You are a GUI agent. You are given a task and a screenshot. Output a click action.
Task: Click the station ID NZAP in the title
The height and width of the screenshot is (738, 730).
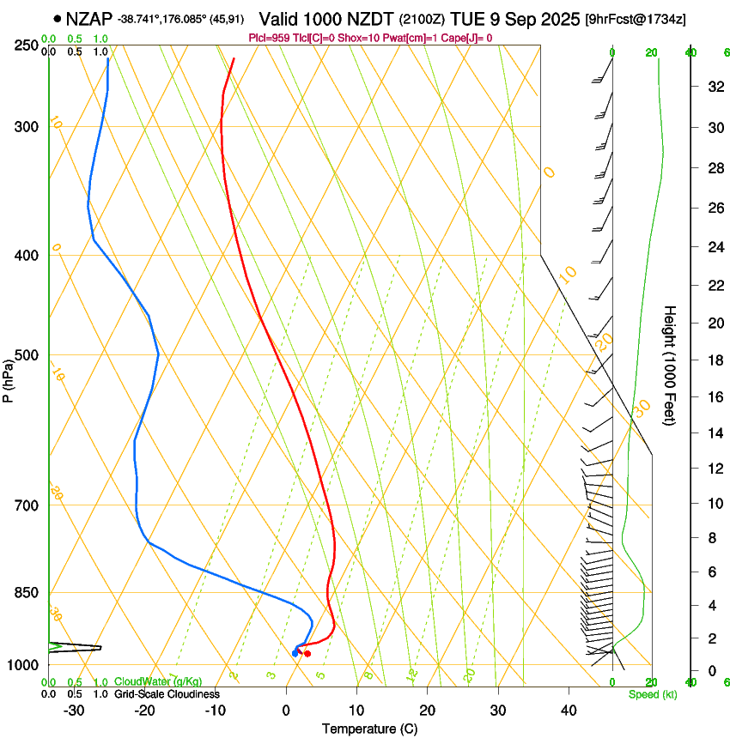click(90, 18)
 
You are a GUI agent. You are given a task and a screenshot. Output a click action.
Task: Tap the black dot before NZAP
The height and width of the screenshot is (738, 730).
click(57, 18)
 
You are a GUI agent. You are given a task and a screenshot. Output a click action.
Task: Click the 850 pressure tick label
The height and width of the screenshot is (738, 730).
click(28, 593)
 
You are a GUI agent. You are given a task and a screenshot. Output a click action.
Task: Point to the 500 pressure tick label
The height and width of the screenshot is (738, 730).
click(28, 355)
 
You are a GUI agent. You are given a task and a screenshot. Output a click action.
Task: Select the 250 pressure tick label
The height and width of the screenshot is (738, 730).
click(28, 45)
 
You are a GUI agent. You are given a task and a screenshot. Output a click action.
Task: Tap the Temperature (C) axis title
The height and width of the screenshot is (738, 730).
click(369, 729)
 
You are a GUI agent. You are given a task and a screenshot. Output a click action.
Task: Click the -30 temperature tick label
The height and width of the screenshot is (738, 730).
click(74, 711)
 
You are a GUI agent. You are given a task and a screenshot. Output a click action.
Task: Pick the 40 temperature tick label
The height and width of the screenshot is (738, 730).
click(569, 711)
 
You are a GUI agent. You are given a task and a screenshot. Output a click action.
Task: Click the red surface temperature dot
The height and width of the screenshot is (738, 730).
click(307, 654)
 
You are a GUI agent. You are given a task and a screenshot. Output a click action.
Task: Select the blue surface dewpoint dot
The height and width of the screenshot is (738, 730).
click(295, 654)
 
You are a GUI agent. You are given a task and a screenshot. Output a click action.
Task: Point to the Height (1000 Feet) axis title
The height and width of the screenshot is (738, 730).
click(671, 366)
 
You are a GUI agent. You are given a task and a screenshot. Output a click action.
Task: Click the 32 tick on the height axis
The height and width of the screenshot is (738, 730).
click(713, 87)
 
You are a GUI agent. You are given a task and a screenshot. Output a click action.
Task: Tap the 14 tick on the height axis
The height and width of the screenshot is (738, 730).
click(713, 434)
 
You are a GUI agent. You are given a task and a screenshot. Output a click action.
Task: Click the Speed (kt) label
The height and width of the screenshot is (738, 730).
click(652, 694)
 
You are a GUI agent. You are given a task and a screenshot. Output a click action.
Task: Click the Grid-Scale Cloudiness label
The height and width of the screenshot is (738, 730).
click(162, 694)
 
